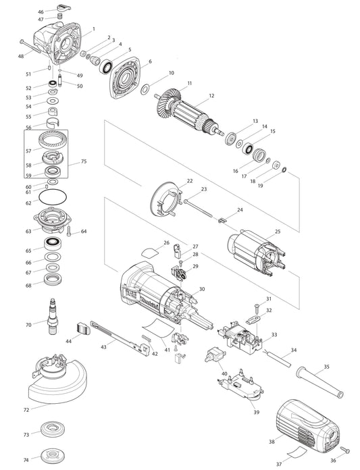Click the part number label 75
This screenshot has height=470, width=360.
tap(84, 162)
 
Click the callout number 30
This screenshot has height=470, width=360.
tap(201, 290)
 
